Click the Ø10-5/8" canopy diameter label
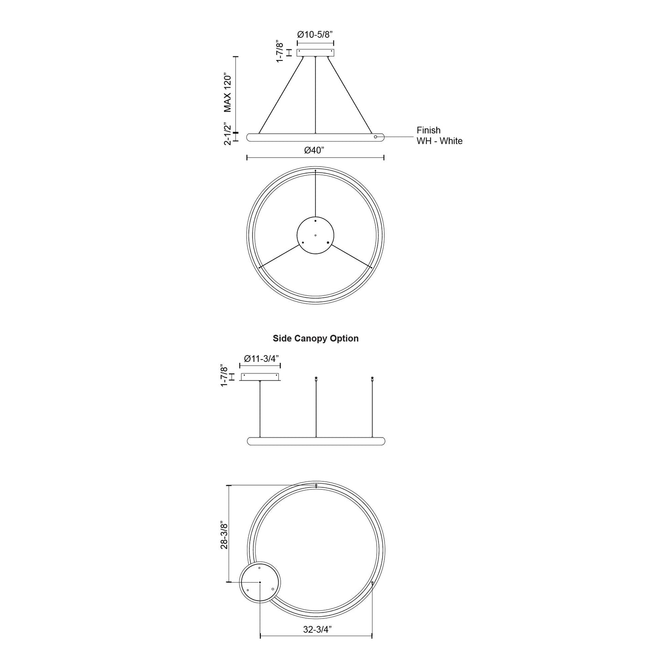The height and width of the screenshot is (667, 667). [315, 34]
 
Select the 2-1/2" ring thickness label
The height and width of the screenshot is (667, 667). [227, 134]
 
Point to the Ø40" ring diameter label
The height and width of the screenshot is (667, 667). [315, 150]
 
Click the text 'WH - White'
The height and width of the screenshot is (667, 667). [439, 141]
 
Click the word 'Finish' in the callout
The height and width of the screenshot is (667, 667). [428, 130]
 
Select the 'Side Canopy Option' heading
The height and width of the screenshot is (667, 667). [315, 338]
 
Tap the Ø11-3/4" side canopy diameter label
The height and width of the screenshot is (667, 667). [261, 359]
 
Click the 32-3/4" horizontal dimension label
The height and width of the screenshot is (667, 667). [318, 629]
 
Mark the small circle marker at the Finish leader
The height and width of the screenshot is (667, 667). [376, 137]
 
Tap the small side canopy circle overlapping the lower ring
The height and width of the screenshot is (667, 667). [260, 583]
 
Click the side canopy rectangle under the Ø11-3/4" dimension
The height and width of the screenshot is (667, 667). [260, 377]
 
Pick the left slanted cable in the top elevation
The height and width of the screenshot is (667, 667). [282, 95]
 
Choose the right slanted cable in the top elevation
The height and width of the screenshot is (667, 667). [349, 95]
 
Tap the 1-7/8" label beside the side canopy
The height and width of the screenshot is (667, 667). [224, 375]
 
